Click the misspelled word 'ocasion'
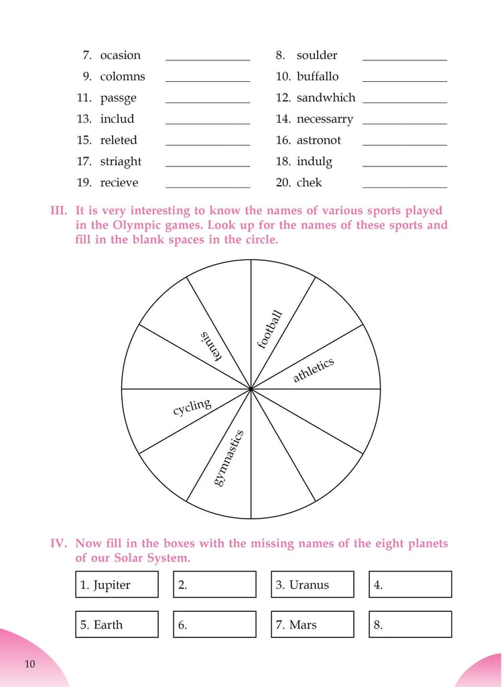(x=120, y=56)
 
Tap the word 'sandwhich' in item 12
(x=326, y=98)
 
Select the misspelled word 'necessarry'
(x=324, y=119)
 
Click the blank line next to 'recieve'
(x=207, y=186)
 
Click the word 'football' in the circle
(x=270, y=329)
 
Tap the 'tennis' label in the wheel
(x=210, y=346)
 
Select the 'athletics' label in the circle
(x=313, y=370)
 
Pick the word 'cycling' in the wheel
(x=192, y=407)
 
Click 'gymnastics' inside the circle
(x=229, y=458)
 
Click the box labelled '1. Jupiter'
(x=117, y=584)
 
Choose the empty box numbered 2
(x=214, y=584)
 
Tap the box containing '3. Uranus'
(x=312, y=584)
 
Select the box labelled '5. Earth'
(x=117, y=624)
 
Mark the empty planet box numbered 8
(x=410, y=624)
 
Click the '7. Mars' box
(x=312, y=624)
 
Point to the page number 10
(x=29, y=664)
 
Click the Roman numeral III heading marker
(x=59, y=211)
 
